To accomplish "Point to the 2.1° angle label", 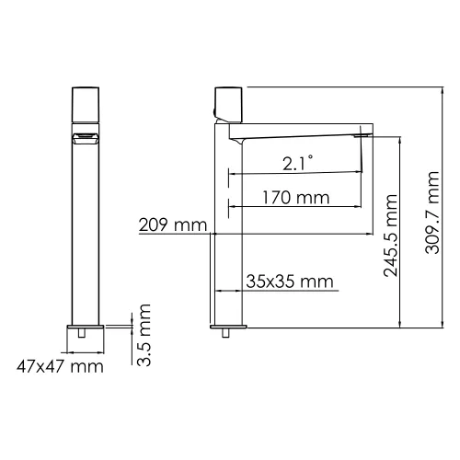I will click(296, 164).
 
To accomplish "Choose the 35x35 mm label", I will click(289, 282).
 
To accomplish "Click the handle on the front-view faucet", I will click(85, 103).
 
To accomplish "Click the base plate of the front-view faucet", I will click(85, 327).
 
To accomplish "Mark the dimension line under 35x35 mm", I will click(276, 292).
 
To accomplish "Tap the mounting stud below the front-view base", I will click(85, 337).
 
